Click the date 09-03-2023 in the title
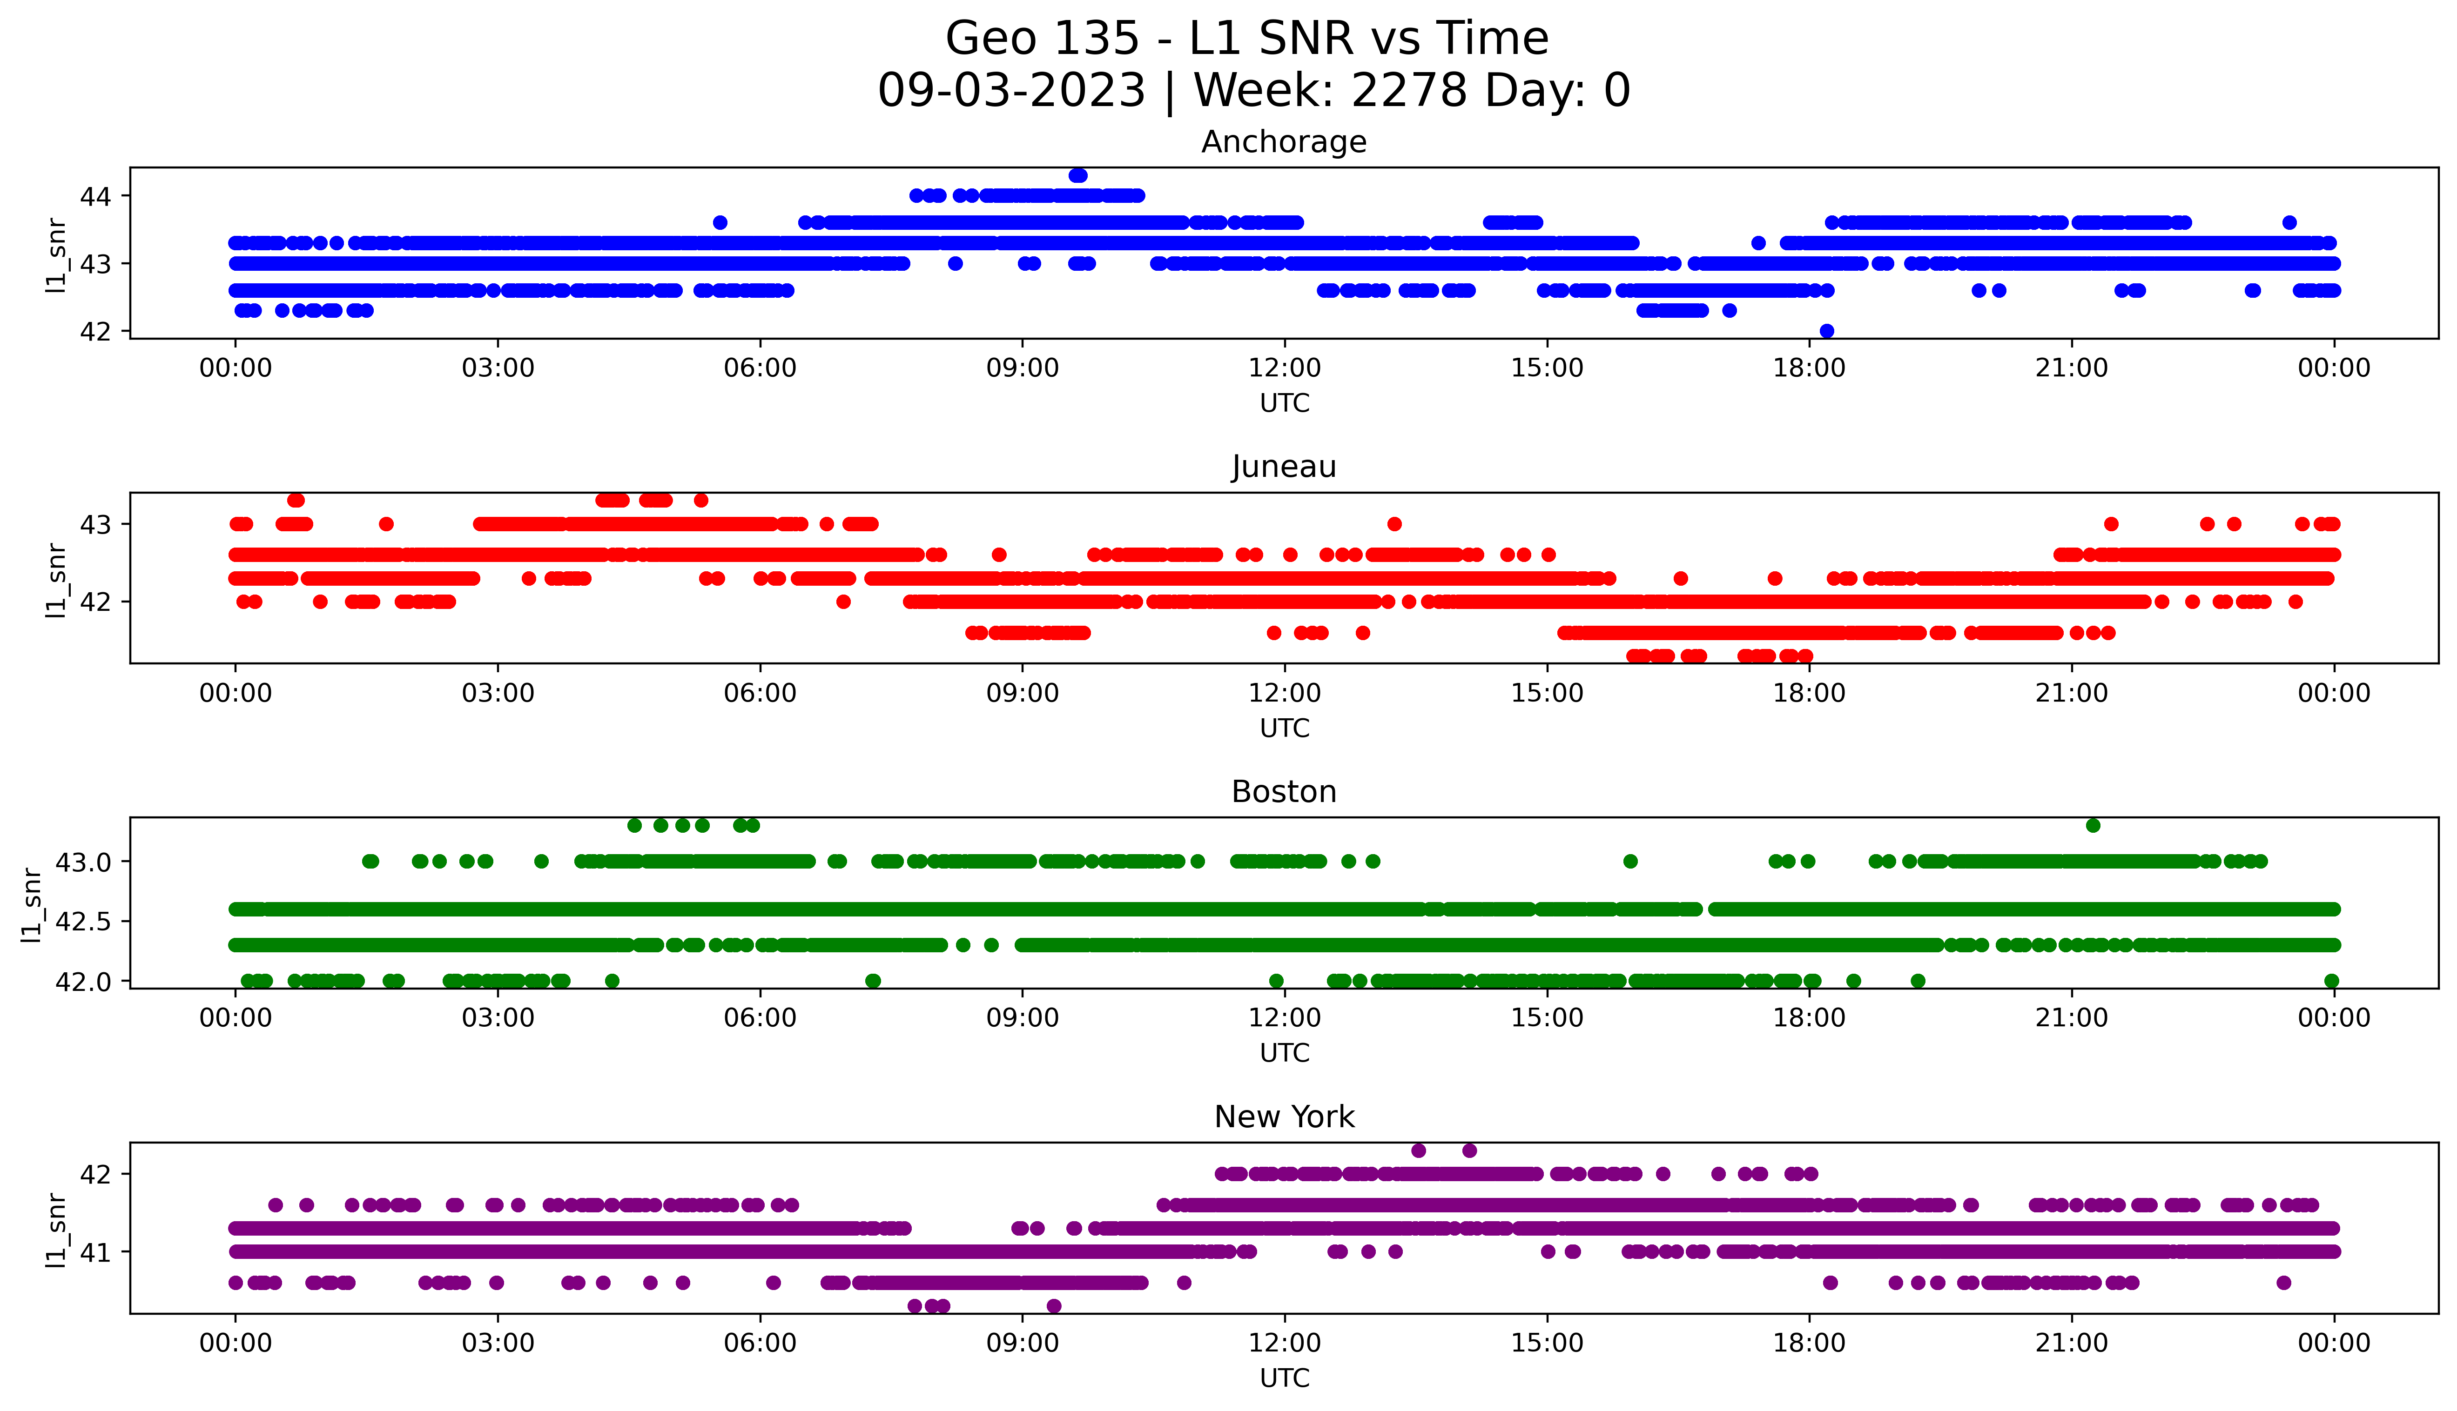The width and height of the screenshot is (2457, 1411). click(x=1011, y=91)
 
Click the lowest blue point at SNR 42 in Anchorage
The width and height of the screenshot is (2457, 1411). click(x=1826, y=330)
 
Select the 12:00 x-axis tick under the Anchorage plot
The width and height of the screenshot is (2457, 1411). click(x=1284, y=368)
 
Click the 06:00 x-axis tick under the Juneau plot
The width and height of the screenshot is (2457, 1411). click(x=760, y=693)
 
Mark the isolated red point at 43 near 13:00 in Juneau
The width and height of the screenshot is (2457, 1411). click(x=1394, y=524)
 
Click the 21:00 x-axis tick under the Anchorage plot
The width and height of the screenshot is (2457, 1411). click(x=2071, y=368)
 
